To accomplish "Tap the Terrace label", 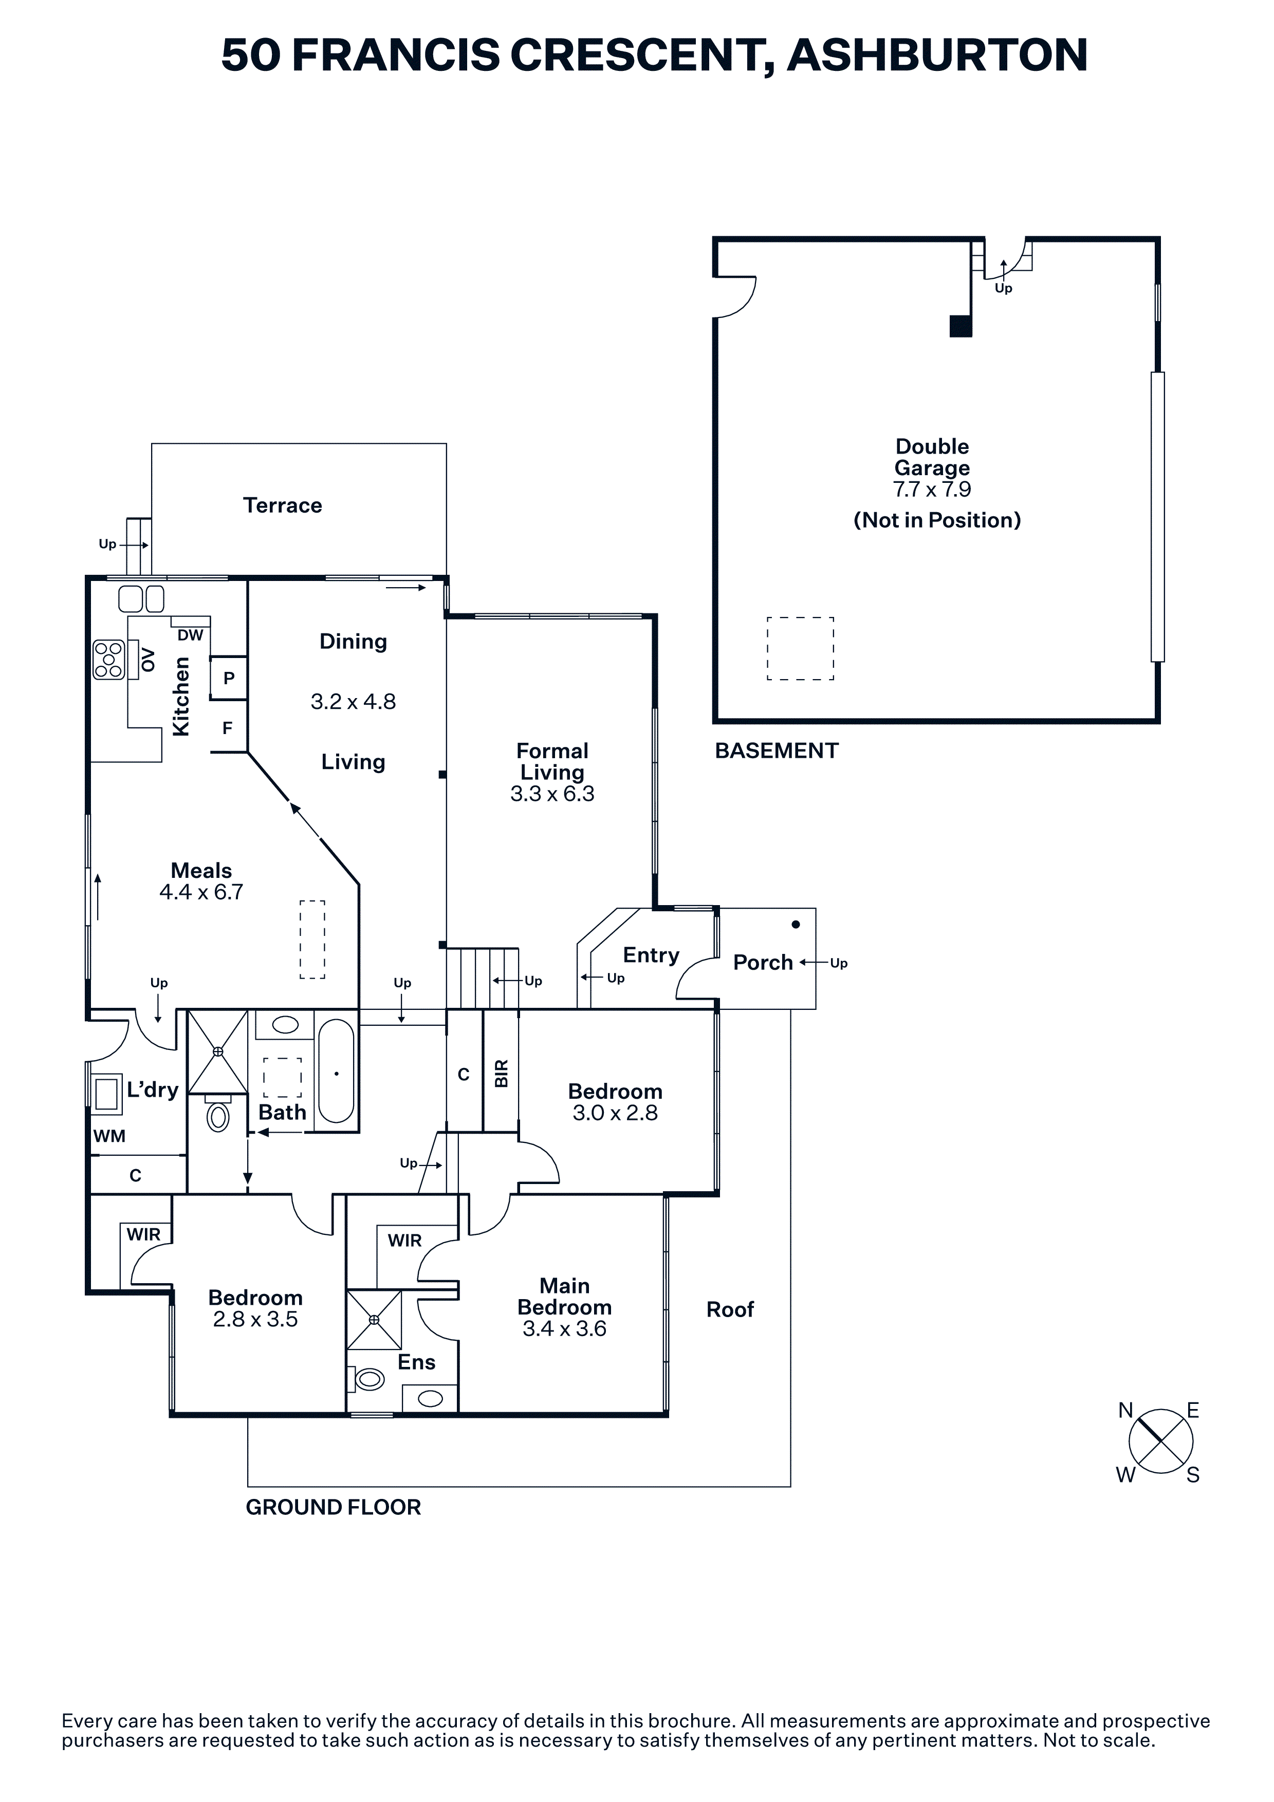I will pos(283,505).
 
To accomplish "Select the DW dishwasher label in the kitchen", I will pos(190,635).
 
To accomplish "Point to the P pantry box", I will pos(228,678).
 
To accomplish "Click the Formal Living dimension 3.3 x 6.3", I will pos(552,794).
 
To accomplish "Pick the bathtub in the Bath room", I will pos(337,1072).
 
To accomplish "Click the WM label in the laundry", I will pos(109,1136).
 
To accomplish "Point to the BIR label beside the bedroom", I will pos(501,1074).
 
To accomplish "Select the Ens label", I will pos(416,1362).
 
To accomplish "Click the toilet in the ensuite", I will pos(369,1379).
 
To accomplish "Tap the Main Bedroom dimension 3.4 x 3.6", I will pos(564,1329).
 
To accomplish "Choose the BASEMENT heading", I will pos(777,751).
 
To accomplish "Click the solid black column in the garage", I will pos(961,326).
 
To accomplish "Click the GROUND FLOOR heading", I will pos(333,1507).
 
